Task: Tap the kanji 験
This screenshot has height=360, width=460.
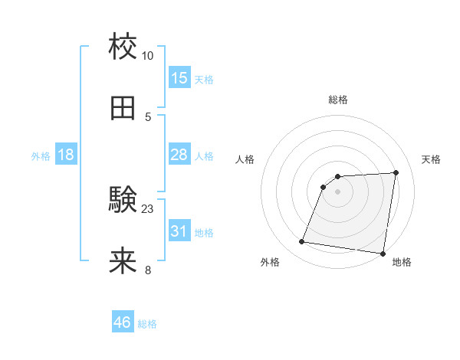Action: coord(123,200)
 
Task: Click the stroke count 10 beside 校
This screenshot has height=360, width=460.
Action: coord(148,56)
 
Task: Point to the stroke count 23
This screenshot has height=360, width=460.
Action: coord(148,208)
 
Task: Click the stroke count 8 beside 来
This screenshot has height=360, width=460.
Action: coord(148,270)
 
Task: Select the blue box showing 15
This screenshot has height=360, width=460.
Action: coord(179,78)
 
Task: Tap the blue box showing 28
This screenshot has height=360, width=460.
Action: coord(179,155)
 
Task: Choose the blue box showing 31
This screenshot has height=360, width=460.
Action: coord(179,231)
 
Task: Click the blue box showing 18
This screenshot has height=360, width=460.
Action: coord(66,155)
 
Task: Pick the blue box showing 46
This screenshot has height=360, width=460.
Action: coord(123,322)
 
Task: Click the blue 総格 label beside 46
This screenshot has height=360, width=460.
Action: coord(147,324)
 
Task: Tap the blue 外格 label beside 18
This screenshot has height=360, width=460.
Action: coord(41,156)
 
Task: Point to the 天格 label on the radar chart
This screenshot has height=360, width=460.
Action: coord(431,159)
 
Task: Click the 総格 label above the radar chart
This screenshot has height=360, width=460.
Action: coord(338,100)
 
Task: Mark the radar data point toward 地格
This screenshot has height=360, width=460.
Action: coord(383,254)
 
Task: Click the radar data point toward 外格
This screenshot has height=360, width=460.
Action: coord(302,242)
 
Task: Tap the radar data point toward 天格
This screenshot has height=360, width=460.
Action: coord(396,173)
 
